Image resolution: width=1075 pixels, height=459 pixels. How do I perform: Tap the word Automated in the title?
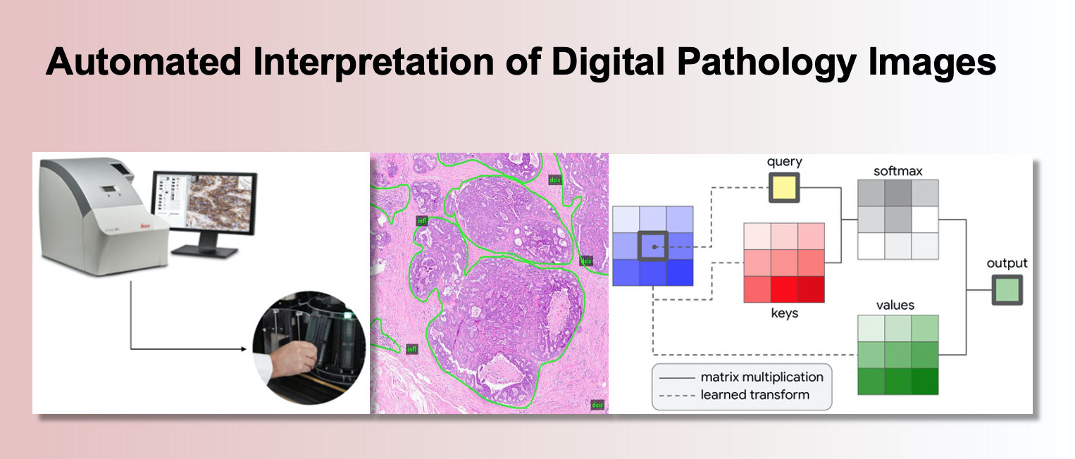point(143,63)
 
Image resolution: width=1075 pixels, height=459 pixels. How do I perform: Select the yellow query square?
point(784,188)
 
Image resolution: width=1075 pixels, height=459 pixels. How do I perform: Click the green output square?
point(1007,289)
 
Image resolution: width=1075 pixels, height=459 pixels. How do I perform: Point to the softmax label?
point(897,171)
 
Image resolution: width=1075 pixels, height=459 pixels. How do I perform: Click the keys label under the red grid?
point(784,313)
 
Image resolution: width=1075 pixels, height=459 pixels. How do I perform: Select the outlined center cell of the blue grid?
point(653,246)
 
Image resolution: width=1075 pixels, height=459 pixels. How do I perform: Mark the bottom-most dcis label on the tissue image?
point(597,405)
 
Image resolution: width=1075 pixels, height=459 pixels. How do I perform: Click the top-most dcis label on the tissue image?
point(555,180)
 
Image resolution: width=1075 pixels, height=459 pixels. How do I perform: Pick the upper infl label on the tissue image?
point(423,220)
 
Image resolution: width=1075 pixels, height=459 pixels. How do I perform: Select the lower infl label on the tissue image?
point(412,348)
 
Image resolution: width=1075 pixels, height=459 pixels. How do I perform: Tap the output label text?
point(1007,264)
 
